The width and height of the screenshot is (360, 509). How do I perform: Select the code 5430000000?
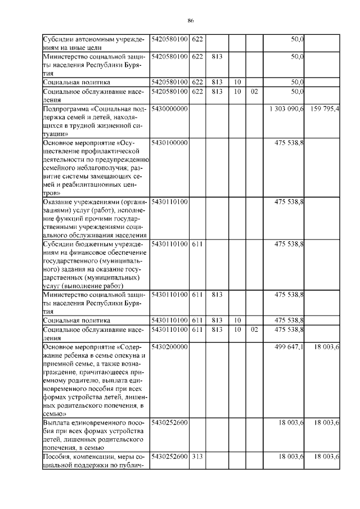coord(169,108)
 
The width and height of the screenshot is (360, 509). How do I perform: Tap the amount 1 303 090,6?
coord(287,108)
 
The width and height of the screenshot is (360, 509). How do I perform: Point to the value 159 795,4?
coord(324,108)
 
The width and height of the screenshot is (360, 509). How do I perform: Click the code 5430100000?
coord(169,143)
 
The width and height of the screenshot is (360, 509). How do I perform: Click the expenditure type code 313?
coord(197,457)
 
